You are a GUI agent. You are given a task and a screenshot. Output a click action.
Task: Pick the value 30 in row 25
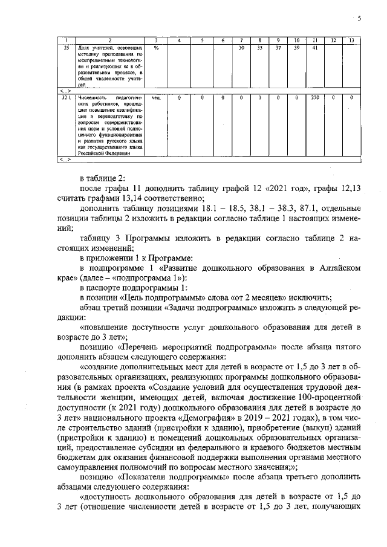pyautogui.click(x=241, y=47)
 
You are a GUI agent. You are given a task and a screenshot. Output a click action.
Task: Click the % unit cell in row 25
pyautogui.click(x=156, y=47)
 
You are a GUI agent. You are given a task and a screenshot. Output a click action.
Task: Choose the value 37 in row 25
pyautogui.click(x=278, y=47)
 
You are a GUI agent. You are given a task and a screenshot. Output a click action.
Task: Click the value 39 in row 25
pyautogui.click(x=296, y=47)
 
